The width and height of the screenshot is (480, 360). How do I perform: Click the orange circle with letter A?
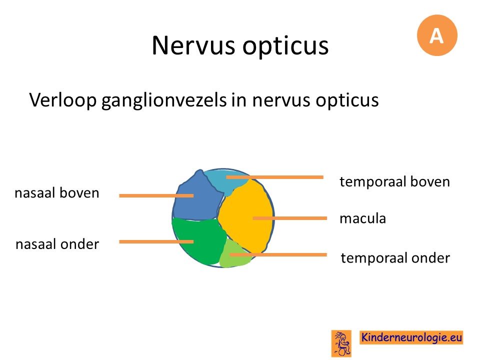pyautogui.click(x=437, y=35)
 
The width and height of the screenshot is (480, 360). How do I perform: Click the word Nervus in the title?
pyautogui.click(x=193, y=45)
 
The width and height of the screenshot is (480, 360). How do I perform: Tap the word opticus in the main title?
pyautogui.click(x=285, y=46)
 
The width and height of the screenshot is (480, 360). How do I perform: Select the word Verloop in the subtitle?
pyautogui.click(x=63, y=100)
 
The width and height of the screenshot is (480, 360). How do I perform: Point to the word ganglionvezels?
pyautogui.click(x=164, y=100)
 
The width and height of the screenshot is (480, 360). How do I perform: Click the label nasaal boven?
pyautogui.click(x=57, y=193)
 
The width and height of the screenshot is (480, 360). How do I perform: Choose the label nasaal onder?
pyautogui.click(x=57, y=244)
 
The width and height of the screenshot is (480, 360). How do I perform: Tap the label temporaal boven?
pyautogui.click(x=394, y=182)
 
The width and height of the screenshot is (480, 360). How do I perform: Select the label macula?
pyautogui.click(x=363, y=218)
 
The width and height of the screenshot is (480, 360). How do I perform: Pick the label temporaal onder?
pyautogui.click(x=395, y=258)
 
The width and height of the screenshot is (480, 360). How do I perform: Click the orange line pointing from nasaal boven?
pyautogui.click(x=156, y=195)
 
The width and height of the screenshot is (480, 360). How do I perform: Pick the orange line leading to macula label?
pyautogui.click(x=290, y=218)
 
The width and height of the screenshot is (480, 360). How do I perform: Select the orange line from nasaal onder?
pyautogui.click(x=156, y=242)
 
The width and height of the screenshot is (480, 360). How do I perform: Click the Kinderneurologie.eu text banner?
pyautogui.click(x=411, y=337)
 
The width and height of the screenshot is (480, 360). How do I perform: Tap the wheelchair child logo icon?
pyautogui.click(x=341, y=343)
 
